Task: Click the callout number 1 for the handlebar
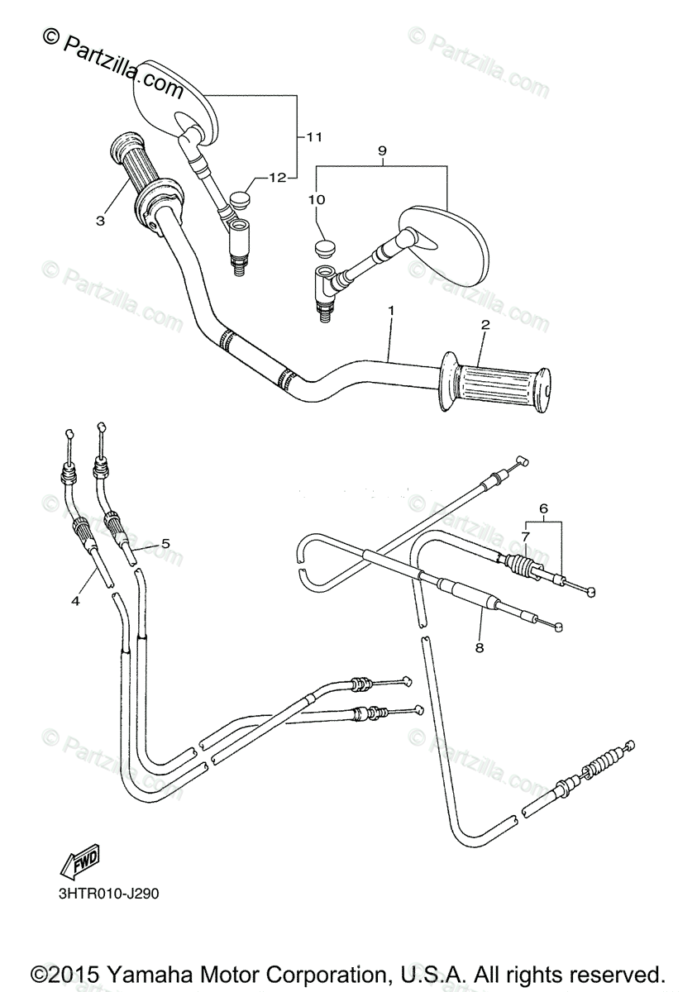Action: tap(390, 310)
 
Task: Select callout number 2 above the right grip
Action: tap(485, 325)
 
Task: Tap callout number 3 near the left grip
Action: tap(100, 220)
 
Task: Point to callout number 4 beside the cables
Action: tap(75, 601)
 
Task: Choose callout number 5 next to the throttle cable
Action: tap(165, 543)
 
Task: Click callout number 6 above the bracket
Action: tap(543, 509)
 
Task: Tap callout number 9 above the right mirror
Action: tap(382, 150)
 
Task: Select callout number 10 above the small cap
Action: tap(318, 199)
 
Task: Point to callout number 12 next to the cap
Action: tap(276, 177)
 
